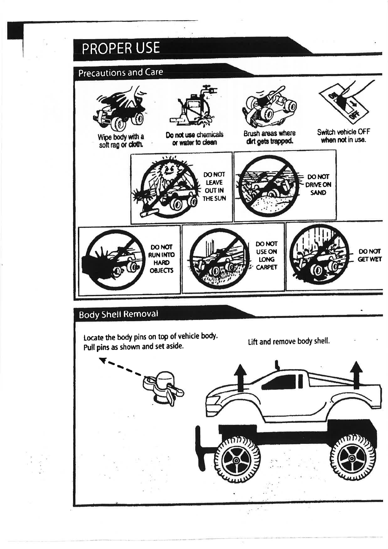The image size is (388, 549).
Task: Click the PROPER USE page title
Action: (121, 48)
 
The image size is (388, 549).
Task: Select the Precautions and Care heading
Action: (120, 72)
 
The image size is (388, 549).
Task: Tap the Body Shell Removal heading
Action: (118, 314)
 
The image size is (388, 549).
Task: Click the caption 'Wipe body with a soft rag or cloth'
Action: (121, 141)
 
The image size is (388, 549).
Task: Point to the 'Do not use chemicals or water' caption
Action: (194, 138)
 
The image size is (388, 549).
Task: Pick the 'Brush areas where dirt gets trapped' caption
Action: (269, 137)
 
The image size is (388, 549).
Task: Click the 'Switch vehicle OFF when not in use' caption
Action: (343, 136)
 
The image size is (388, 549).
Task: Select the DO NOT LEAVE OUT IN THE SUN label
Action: (214, 186)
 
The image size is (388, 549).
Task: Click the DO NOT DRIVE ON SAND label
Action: (318, 184)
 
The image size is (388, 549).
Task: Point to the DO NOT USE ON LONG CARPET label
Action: (266, 255)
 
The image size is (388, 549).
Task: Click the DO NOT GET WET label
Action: (370, 255)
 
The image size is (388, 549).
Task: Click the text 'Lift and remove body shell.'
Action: (289, 342)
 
